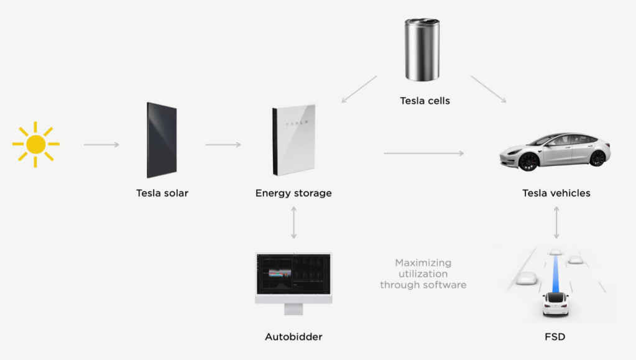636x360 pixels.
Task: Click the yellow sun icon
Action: point(35,144)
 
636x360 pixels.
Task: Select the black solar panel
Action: point(162,141)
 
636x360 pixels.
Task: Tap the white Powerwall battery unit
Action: point(293,141)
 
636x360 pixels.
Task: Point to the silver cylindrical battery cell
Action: point(422,50)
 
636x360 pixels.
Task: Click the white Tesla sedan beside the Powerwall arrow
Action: point(555,151)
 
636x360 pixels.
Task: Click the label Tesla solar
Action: point(162,193)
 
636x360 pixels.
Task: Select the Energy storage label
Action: point(293,193)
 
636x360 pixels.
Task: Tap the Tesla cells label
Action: point(425,101)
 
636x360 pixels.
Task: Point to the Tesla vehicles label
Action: point(556,193)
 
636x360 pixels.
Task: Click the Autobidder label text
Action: point(293,337)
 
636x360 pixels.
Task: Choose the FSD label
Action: point(556,337)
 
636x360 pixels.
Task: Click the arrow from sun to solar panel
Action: point(101,145)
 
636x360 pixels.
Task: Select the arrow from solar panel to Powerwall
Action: point(223,145)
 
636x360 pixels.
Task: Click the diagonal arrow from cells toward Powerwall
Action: point(359,89)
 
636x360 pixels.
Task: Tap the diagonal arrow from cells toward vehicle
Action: point(489,89)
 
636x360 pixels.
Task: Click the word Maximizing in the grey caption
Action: point(423,263)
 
